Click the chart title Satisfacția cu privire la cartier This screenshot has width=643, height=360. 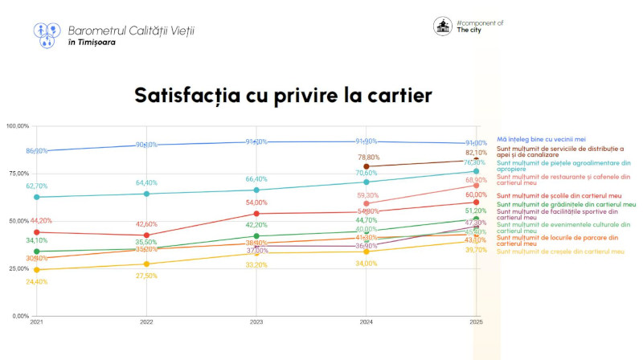coord(283,96)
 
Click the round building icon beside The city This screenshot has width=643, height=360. coord(442,27)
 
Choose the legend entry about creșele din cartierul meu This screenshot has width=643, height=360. coord(560,252)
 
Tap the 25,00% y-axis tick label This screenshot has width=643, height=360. coord(17,268)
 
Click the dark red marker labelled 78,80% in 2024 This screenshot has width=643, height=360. coord(367,166)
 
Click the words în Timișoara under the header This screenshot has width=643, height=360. coord(92,42)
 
